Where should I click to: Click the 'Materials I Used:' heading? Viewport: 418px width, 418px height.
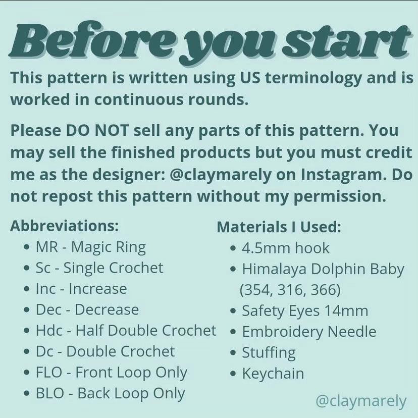pyautogui.click(x=279, y=227)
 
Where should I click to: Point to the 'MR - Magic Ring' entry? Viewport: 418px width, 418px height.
pyautogui.click(x=90, y=247)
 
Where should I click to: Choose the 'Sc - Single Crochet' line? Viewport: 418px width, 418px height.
pyautogui.click(x=99, y=268)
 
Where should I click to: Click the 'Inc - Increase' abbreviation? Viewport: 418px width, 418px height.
pyautogui.click(x=81, y=289)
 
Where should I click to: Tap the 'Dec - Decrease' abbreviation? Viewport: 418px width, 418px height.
pyautogui.click(x=87, y=309)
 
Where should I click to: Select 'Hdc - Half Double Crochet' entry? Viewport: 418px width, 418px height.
pyautogui.click(x=126, y=331)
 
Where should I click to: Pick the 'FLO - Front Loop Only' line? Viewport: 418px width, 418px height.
pyautogui.click(x=111, y=373)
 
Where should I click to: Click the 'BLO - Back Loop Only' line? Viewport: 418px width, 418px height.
pyautogui.click(x=110, y=393)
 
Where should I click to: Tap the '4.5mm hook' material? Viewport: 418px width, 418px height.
pyautogui.click(x=285, y=248)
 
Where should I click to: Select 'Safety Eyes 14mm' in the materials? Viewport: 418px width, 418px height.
pyautogui.click(x=304, y=310)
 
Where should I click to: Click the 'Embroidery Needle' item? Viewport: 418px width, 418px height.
pyautogui.click(x=309, y=332)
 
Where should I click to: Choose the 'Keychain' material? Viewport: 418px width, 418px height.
pyautogui.click(x=273, y=374)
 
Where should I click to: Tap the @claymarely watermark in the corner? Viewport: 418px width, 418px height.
pyautogui.click(x=360, y=401)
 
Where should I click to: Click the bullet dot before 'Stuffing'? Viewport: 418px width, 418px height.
pyautogui.click(x=233, y=353)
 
